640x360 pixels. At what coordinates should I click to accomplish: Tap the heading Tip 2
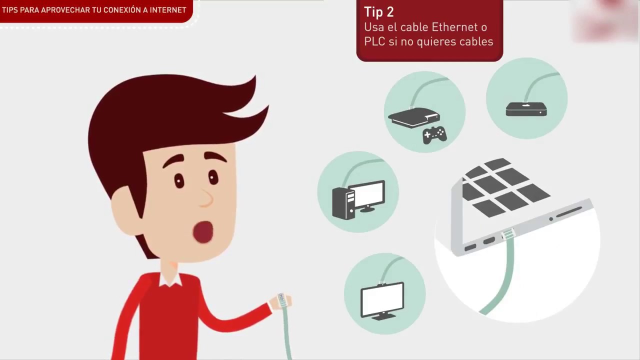pyautogui.click(x=379, y=12)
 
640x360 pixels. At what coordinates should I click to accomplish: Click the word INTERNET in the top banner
pyautogui.click(x=168, y=10)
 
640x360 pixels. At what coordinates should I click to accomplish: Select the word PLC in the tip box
pyautogui.click(x=374, y=41)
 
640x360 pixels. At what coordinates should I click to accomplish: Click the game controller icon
pyautogui.click(x=434, y=135)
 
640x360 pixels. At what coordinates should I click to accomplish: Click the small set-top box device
pyautogui.click(x=526, y=109)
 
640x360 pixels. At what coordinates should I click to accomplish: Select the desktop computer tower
pyautogui.click(x=343, y=203)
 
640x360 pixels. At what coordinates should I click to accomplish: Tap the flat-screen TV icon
pyautogui.click(x=382, y=300)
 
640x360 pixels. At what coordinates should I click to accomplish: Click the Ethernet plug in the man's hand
pyautogui.click(x=281, y=299)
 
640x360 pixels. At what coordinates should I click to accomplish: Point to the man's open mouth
pyautogui.click(x=203, y=231)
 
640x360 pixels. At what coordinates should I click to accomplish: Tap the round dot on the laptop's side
pyautogui.click(x=551, y=219)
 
